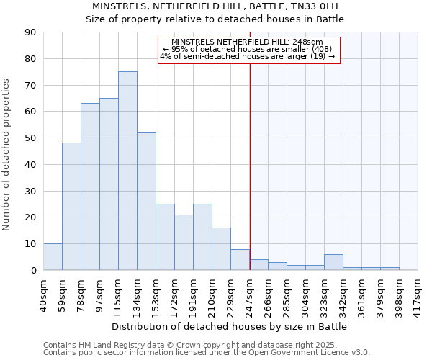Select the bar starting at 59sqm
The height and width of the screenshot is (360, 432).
[x=71, y=206]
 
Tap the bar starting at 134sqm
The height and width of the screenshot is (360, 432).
[x=146, y=201]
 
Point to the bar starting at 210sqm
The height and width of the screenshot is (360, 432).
[x=221, y=248]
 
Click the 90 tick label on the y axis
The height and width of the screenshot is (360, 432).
[x=30, y=32]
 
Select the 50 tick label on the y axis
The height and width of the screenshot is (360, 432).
[x=30, y=138]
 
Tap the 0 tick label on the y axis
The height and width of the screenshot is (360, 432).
[x=33, y=270]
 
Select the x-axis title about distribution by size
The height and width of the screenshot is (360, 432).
[x=230, y=326]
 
